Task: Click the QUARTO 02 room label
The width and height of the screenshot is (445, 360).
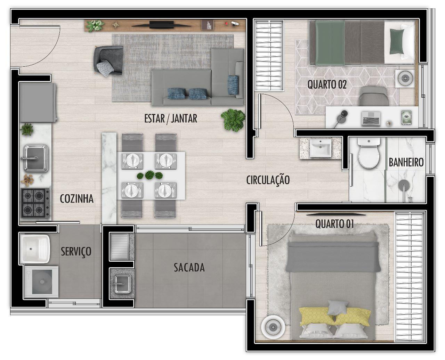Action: (327, 84)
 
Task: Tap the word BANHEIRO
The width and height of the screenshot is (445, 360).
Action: (406, 163)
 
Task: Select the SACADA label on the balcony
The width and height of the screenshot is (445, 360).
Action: (189, 268)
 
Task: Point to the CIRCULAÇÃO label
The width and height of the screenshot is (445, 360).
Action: (268, 180)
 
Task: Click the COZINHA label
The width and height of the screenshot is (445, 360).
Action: (77, 198)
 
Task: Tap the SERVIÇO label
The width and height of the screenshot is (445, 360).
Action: (76, 252)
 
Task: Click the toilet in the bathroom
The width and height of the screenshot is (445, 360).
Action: (369, 153)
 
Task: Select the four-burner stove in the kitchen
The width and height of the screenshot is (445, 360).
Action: (35, 203)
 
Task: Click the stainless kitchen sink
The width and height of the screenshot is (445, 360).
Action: (35, 158)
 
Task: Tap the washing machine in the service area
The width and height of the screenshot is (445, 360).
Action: (41, 281)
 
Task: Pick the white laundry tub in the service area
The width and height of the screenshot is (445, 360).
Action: (35, 249)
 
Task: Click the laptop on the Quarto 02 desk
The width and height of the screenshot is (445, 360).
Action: (371, 119)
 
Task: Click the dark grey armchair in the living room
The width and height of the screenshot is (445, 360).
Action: (108, 61)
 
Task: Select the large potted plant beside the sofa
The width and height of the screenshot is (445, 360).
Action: (233, 120)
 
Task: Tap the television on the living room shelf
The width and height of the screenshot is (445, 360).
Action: (162, 25)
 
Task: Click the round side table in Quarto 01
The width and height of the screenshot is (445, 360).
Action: (273, 327)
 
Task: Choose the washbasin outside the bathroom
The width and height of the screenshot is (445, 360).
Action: (320, 148)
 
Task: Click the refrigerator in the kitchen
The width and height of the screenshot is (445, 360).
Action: (38, 102)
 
